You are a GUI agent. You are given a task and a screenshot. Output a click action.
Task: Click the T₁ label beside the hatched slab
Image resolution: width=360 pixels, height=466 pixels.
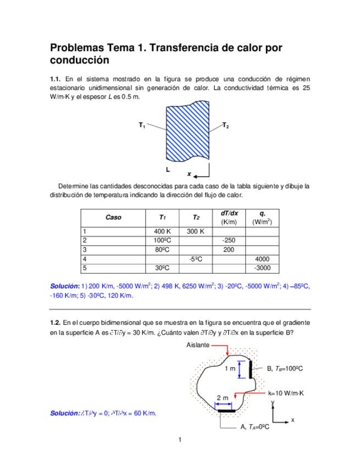point(142,125)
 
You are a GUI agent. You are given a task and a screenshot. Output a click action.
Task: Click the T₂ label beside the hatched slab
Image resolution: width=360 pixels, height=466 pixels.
point(225,125)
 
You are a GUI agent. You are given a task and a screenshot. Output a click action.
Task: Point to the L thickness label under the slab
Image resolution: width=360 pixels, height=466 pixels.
point(168,169)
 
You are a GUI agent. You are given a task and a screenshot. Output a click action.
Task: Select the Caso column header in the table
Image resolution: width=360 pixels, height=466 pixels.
point(113,218)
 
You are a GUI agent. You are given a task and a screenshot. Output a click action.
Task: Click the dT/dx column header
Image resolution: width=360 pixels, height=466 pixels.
point(229,213)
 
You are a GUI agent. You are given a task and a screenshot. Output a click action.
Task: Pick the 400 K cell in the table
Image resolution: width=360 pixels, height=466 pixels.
point(162,231)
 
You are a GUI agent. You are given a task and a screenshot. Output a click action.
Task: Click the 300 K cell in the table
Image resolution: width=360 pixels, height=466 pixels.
point(195,231)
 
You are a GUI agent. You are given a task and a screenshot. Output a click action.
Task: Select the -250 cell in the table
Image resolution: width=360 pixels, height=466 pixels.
point(229,240)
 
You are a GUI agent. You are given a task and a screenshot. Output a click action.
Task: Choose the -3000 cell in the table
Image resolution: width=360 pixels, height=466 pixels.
point(262,268)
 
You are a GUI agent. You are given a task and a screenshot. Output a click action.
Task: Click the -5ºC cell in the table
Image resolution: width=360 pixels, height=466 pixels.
point(195,258)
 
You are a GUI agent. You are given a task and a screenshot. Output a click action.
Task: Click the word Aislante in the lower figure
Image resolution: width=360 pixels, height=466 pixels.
point(198,345)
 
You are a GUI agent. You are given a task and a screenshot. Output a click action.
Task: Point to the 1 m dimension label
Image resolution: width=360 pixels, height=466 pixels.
point(230,369)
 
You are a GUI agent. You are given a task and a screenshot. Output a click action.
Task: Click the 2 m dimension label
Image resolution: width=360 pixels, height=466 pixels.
point(223,397)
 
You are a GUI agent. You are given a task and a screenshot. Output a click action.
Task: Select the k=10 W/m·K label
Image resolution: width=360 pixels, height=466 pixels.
point(286,393)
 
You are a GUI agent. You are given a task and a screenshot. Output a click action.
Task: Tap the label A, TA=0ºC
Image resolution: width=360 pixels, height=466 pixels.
point(255,426)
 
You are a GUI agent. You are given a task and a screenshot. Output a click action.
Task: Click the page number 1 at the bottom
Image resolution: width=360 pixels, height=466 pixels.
point(180,440)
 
